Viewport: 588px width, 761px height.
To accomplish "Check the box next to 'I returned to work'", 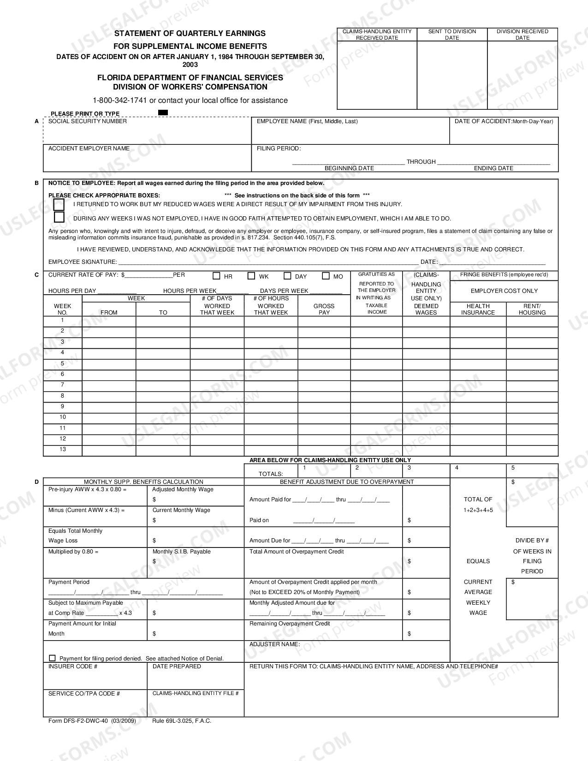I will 59,204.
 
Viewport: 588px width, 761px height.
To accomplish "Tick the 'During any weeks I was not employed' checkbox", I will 59,217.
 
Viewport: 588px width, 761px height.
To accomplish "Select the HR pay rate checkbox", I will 216,276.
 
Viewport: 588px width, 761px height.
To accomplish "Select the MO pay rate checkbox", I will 326,276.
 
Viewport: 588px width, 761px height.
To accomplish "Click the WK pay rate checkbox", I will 251,276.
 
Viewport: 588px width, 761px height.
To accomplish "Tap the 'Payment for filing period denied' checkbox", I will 52,658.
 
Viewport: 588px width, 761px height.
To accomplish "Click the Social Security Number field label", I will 87,121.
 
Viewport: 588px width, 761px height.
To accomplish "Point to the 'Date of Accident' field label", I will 504,121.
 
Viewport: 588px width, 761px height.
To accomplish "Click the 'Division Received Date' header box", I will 522,35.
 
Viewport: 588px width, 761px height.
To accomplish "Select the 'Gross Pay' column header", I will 324,309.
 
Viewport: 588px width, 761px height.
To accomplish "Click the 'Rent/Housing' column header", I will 532,309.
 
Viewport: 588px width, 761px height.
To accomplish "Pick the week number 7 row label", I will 63,385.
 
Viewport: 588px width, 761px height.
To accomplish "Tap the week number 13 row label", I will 63,449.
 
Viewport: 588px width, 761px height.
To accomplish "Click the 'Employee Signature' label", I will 82,262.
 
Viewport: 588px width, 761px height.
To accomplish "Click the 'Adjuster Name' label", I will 274,644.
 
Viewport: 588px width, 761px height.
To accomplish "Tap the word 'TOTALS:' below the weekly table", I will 271,474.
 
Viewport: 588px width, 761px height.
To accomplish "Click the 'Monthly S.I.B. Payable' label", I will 181,552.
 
